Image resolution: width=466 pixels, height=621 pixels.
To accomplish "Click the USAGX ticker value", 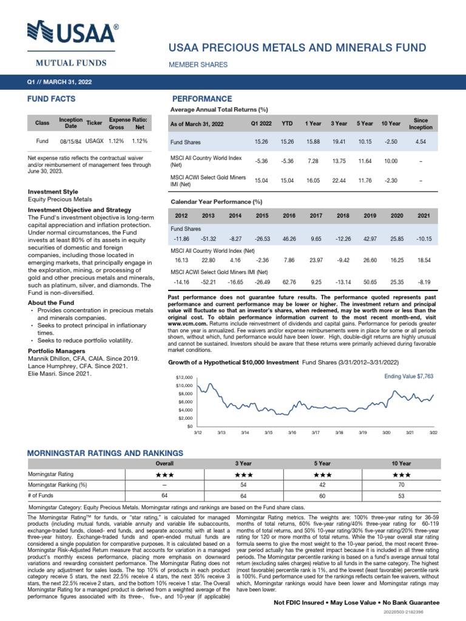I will coord(94,141).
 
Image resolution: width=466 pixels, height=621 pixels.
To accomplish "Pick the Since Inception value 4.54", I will coord(420,141).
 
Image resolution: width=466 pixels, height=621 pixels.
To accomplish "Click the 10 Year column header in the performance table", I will coord(391,123).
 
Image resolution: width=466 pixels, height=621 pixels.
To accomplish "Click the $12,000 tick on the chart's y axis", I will coord(184,377).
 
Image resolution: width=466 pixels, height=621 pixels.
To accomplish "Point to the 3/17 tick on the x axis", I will coord(316,432).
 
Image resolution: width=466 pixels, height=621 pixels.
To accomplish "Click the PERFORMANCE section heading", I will coord(202,98).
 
